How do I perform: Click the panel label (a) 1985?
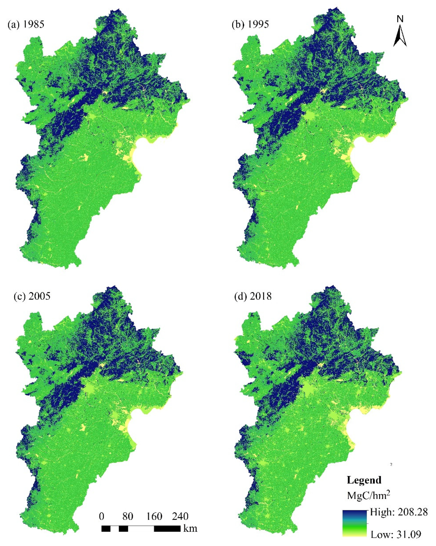point(26,25)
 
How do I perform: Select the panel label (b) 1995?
point(250,25)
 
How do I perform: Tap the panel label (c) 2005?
point(32,296)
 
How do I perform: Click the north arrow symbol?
point(400,35)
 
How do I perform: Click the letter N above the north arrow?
point(400,19)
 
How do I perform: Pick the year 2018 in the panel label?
point(261,296)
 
